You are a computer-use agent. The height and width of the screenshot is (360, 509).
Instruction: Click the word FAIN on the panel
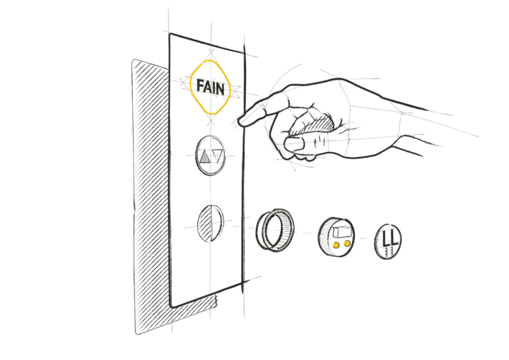[x=211, y=88]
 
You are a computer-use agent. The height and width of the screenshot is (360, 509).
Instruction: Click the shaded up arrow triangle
[x=204, y=156]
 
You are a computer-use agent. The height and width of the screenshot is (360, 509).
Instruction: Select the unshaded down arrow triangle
[x=218, y=156]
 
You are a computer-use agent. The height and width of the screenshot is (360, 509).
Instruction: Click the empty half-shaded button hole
[x=211, y=223]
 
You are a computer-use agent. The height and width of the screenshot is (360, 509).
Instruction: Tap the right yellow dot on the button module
[x=347, y=243]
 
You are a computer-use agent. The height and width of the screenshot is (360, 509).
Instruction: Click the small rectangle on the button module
[x=342, y=232]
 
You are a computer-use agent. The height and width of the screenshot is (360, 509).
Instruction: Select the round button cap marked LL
[x=388, y=241]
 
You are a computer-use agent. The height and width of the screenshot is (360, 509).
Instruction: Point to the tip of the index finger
[x=240, y=122]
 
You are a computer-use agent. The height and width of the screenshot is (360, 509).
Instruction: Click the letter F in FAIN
[x=200, y=86]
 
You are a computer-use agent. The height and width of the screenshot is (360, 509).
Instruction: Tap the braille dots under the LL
[x=389, y=252]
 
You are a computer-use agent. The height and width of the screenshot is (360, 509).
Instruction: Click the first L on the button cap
[x=385, y=238]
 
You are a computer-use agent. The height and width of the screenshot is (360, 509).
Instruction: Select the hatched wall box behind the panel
[x=153, y=195]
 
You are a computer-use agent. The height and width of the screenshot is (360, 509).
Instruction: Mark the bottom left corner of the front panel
[x=171, y=306]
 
